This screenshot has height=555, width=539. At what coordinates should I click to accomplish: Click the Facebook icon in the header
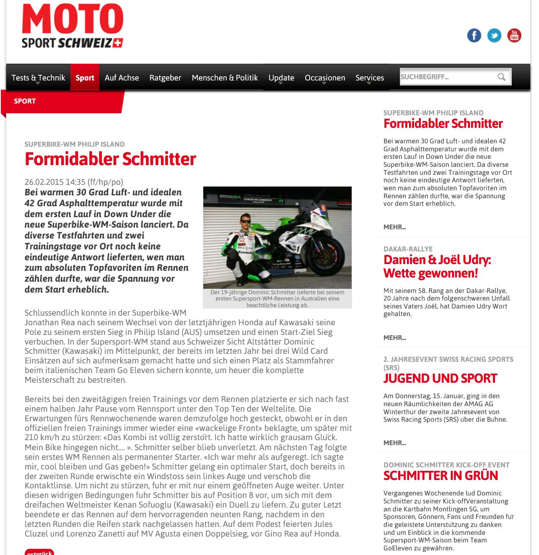click(x=474, y=36)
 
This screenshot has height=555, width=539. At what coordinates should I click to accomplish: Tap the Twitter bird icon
click(x=494, y=36)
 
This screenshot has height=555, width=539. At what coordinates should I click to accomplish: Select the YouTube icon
click(x=514, y=36)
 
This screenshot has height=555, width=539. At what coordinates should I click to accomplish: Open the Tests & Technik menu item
click(x=38, y=78)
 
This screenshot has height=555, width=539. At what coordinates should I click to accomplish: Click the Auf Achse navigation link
click(x=122, y=78)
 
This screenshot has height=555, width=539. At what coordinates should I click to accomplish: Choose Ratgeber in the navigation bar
click(x=165, y=78)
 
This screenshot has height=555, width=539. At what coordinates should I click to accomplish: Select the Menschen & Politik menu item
click(x=225, y=78)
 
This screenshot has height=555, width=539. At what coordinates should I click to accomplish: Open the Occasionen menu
click(x=325, y=78)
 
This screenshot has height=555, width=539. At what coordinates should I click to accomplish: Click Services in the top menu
click(x=370, y=78)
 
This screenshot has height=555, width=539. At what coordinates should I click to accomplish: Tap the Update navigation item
click(x=281, y=78)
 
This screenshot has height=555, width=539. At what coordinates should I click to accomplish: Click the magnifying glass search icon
click(x=501, y=77)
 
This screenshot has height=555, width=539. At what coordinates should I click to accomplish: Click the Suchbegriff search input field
click(x=446, y=77)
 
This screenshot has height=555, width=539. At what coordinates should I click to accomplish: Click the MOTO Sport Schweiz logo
click(x=72, y=26)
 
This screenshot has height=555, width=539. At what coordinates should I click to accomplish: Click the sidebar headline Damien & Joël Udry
click(x=437, y=266)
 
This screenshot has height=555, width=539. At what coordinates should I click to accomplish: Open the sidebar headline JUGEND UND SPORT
click(x=440, y=378)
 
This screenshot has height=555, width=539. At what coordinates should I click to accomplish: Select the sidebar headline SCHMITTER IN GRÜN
click(x=441, y=476)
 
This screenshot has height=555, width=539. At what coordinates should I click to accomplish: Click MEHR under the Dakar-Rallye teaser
click(x=394, y=337)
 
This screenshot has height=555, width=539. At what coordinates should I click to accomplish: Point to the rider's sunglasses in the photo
click(x=245, y=221)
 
